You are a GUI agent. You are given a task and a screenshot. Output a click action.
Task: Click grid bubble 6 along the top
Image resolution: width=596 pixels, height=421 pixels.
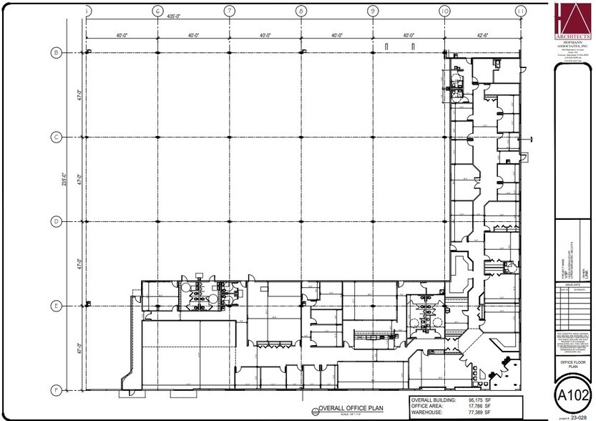pyautogui.click(x=157, y=11)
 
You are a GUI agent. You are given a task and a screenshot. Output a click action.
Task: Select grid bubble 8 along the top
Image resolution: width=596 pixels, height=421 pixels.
pyautogui.click(x=301, y=11)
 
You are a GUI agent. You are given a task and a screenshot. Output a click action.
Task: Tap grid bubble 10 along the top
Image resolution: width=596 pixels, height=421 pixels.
pyautogui.click(x=444, y=11)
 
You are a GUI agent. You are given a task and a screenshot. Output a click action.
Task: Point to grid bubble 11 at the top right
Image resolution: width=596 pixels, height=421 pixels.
pyautogui.click(x=520, y=11)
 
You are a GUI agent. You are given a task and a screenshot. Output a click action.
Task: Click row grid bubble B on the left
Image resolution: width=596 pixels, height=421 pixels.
pyautogui.click(x=55, y=52)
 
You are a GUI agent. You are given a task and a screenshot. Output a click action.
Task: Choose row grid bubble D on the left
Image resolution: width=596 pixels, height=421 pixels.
pyautogui.click(x=55, y=221)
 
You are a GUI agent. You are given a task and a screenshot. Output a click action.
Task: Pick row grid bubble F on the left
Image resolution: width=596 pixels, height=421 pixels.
pyautogui.click(x=55, y=390)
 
